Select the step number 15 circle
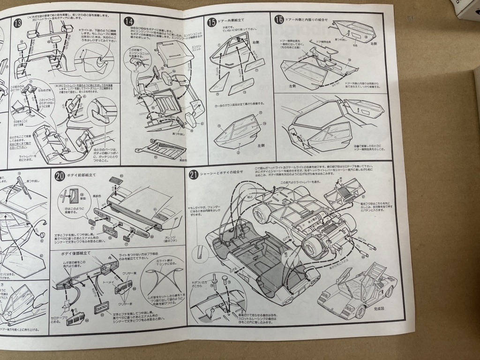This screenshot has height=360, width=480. pos(211,22)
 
